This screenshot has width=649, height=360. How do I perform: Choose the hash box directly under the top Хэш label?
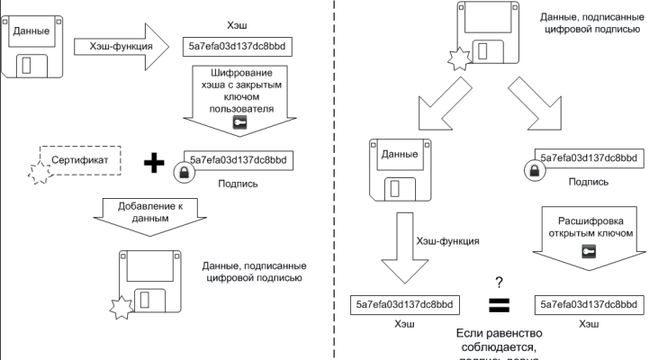239,46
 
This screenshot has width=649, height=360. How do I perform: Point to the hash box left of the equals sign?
410,304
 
